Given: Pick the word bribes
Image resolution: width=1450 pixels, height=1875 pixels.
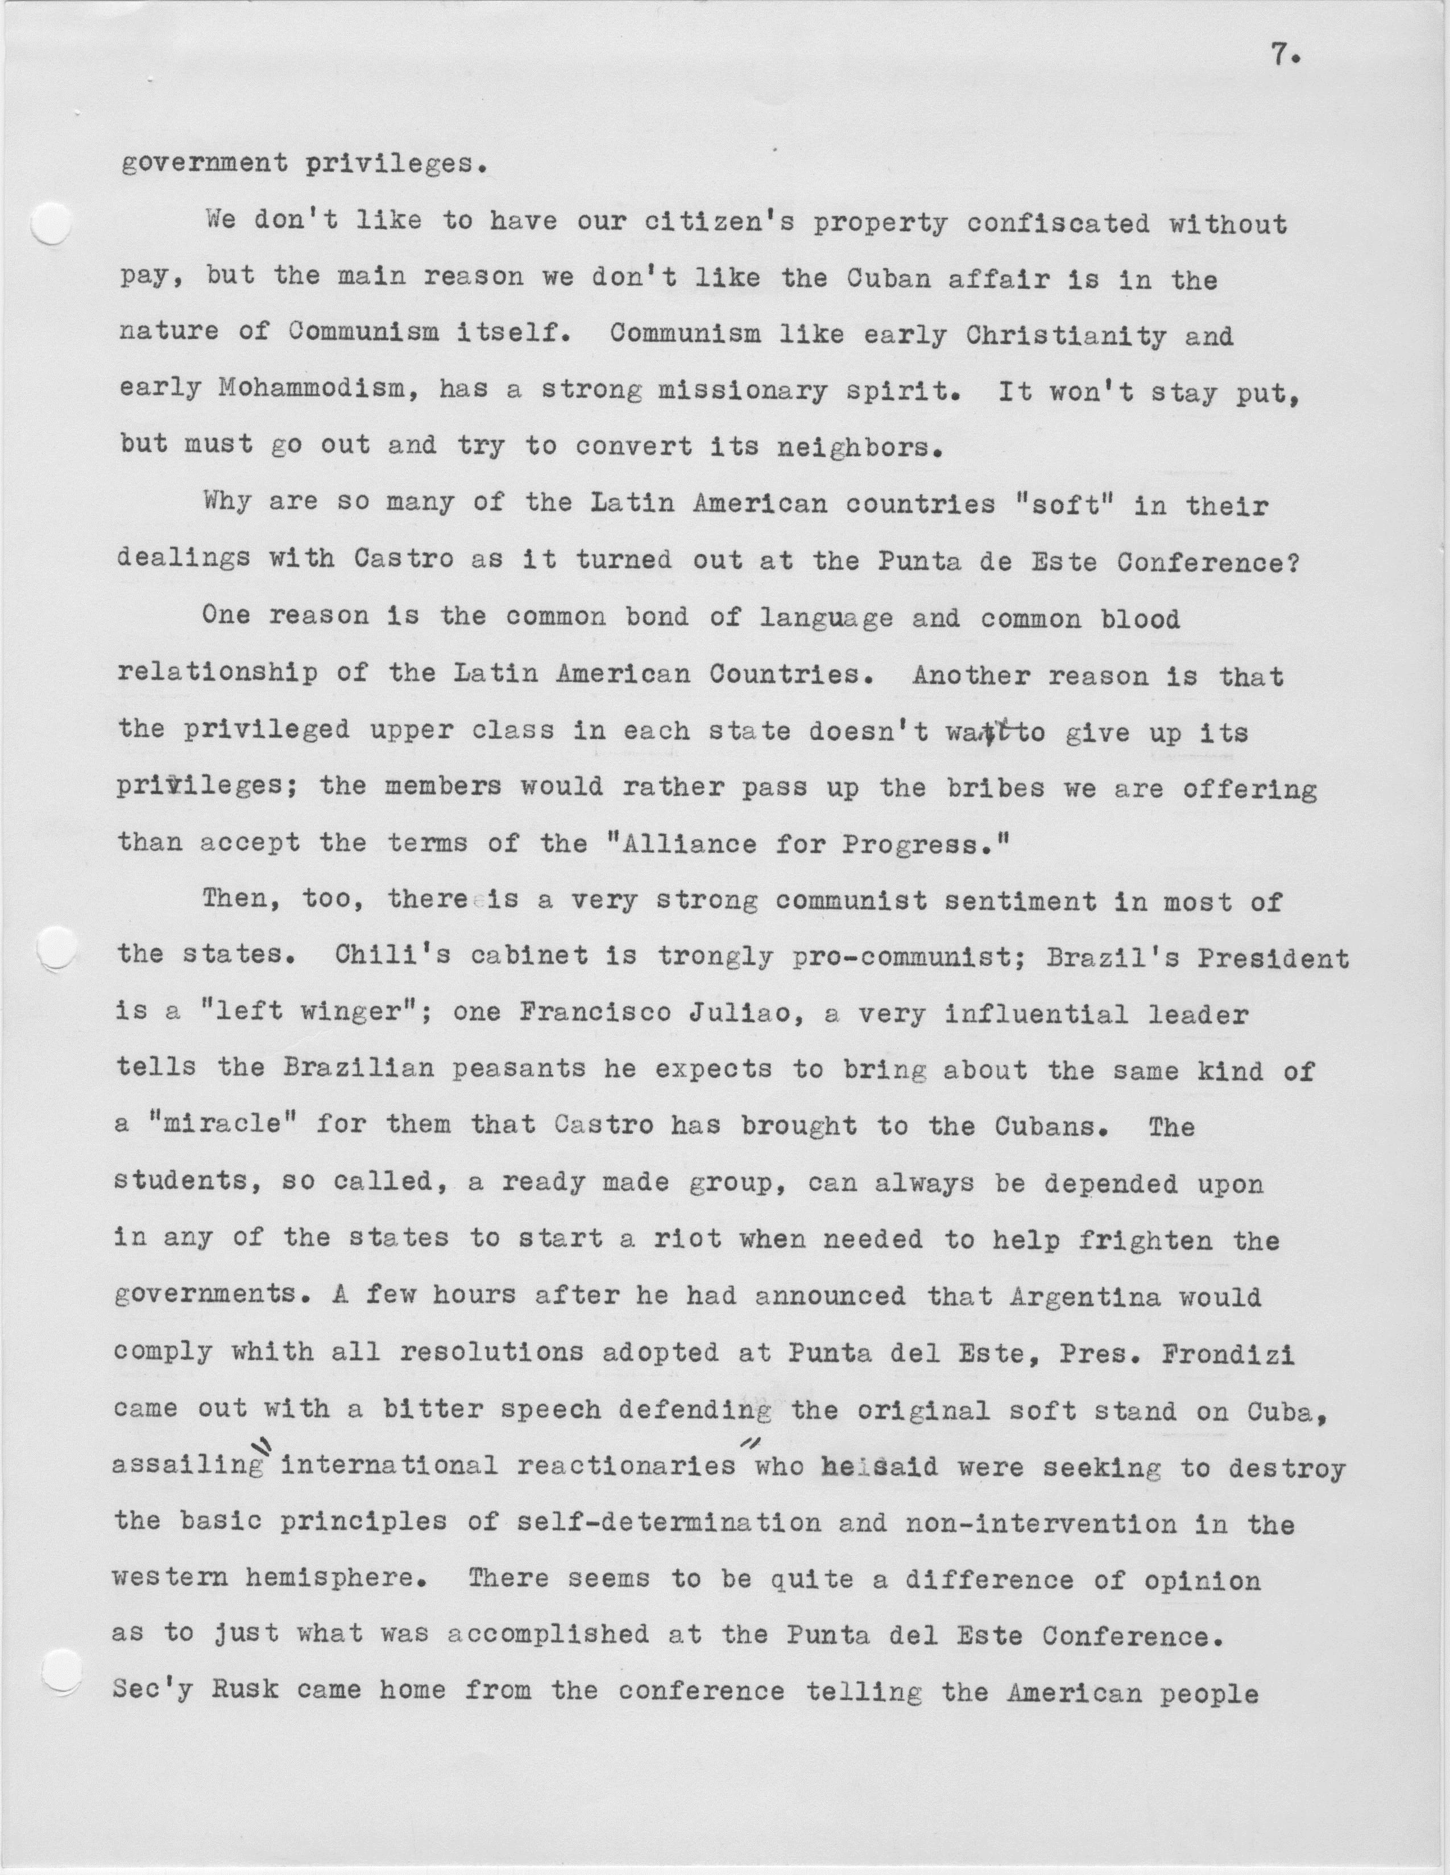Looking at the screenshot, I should [x=996, y=788].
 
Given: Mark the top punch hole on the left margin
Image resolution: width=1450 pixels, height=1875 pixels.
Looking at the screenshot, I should [x=51, y=226].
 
